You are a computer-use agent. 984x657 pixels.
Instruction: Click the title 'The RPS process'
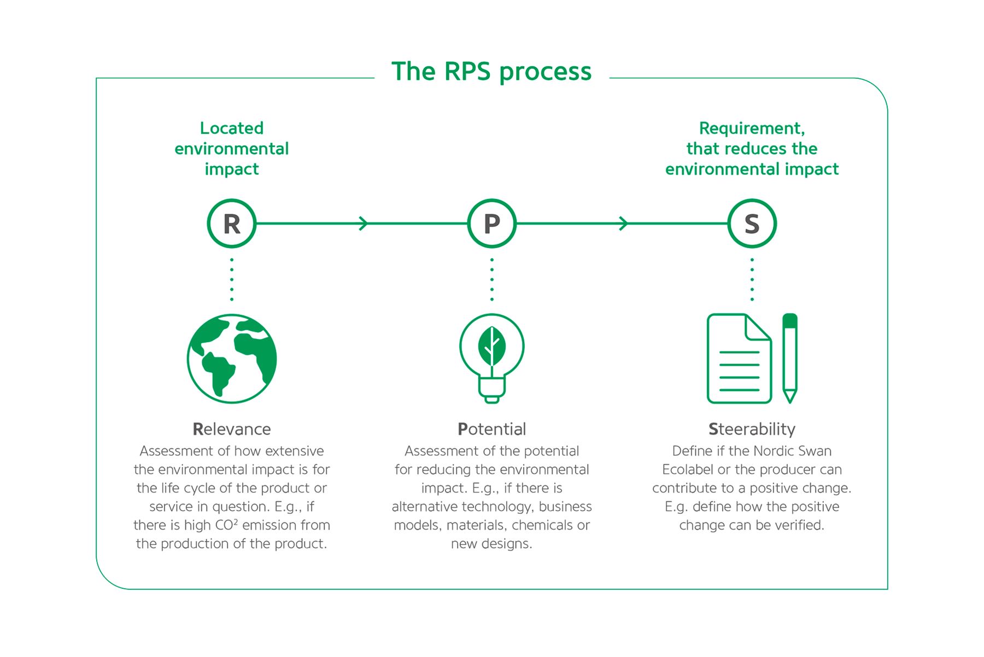(491, 72)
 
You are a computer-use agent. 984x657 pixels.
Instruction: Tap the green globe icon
(232, 359)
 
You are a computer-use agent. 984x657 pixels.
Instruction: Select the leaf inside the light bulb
(492, 347)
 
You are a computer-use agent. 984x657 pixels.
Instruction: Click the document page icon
(739, 359)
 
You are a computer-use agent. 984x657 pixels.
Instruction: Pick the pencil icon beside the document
(790, 359)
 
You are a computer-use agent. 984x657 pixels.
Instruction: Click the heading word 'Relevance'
(232, 429)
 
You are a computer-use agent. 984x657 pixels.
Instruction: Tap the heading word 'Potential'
(492, 429)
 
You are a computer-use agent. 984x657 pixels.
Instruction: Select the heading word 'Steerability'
(752, 430)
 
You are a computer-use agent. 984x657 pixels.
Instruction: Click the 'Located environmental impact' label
(232, 149)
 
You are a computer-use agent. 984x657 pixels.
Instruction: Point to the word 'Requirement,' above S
(752, 128)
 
